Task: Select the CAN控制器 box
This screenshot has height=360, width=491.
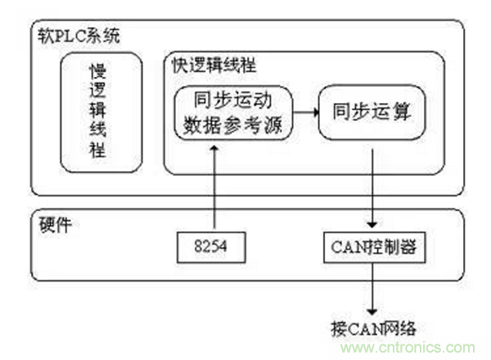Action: point(373,245)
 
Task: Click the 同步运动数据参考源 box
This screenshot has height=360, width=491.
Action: point(232,115)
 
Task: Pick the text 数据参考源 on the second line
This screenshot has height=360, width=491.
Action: point(232,126)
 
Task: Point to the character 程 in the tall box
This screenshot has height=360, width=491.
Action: point(98,152)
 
